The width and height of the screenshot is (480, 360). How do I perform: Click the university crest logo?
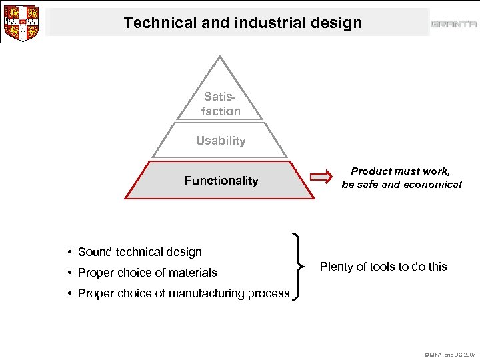pos(21,23)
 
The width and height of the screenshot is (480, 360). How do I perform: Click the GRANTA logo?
pos(453,24)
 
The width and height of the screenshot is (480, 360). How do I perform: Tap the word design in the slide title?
pos(339,23)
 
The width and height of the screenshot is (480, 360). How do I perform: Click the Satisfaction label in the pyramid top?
pos(221,104)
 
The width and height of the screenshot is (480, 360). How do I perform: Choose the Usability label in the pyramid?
pos(221,141)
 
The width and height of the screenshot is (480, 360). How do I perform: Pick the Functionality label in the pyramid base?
pos(221,181)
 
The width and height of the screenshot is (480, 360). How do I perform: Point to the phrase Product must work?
pos(400,171)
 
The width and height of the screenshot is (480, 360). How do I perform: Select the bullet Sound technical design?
pos(139,252)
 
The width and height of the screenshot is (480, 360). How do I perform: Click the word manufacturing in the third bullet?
pos(212,293)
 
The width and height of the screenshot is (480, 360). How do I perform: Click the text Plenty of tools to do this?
pos(383,267)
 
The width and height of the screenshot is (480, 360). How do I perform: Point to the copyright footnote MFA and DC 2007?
pos(451,355)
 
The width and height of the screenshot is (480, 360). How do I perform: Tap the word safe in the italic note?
pos(370,185)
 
